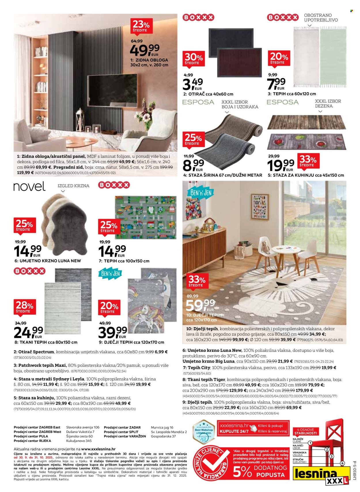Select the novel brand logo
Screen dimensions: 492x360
pos(29,187)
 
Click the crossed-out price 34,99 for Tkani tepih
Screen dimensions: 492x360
pos(20,323)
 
